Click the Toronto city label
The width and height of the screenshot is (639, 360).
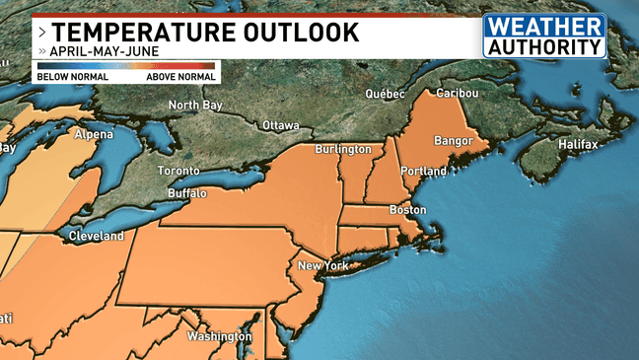tap(178, 171)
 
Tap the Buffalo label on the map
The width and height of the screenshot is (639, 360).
tap(187, 193)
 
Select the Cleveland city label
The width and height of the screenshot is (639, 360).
tap(96, 237)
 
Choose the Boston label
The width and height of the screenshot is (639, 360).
tap(407, 210)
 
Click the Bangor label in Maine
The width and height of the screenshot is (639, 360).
tap(454, 141)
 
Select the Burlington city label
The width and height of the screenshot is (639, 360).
tap(342, 149)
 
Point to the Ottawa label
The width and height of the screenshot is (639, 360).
tap(281, 125)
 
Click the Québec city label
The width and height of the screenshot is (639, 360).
tap(386, 94)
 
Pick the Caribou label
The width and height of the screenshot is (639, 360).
tap(457, 93)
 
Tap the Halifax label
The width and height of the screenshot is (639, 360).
tap(578, 145)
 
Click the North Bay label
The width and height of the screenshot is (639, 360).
tap(193, 106)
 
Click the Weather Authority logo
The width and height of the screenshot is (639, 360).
tap(543, 36)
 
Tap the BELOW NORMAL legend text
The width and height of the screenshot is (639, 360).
tap(66, 76)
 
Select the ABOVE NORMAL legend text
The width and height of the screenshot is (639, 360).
tap(180, 76)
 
